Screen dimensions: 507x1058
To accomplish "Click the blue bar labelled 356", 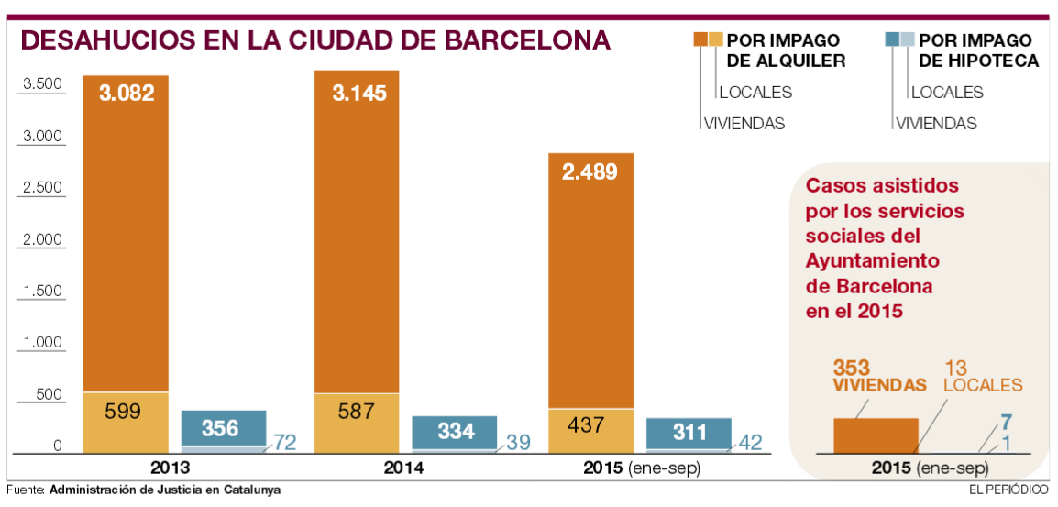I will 223,427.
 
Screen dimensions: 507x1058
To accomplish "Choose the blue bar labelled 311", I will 689,432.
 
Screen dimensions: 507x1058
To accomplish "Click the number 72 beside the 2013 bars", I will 283,443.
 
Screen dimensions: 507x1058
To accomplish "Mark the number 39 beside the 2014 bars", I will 518,443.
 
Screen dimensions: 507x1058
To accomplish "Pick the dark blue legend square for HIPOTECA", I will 895,39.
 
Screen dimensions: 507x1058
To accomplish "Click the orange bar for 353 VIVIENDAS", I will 875,435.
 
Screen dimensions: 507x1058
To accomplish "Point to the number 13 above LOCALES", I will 957,367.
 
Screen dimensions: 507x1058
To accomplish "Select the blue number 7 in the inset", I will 1006,422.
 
